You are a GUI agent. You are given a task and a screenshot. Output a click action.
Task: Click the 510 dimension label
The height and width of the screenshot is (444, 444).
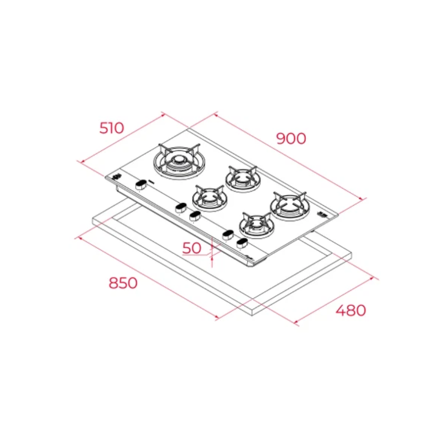pos(111,128)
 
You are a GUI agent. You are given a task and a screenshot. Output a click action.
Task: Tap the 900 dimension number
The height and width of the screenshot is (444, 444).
pos(291,139)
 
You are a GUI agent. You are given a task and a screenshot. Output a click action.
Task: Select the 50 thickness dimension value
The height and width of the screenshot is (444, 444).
pos(192,248)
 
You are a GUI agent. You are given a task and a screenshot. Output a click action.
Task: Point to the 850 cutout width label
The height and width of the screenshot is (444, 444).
pos(123,283)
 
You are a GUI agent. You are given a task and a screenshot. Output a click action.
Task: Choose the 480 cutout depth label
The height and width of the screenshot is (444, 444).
pos(351,310)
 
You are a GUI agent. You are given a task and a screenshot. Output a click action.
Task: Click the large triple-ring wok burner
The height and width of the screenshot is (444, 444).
pos(179,162)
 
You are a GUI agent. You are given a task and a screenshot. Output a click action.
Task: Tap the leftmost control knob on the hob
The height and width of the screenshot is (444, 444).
pos(141,185)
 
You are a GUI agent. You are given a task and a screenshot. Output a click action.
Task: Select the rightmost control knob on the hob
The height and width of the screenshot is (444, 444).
pos(242,243)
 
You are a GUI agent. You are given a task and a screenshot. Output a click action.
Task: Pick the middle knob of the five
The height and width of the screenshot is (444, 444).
pos(195,216)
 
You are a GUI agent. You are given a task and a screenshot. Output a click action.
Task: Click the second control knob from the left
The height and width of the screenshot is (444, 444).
pos(181,208)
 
